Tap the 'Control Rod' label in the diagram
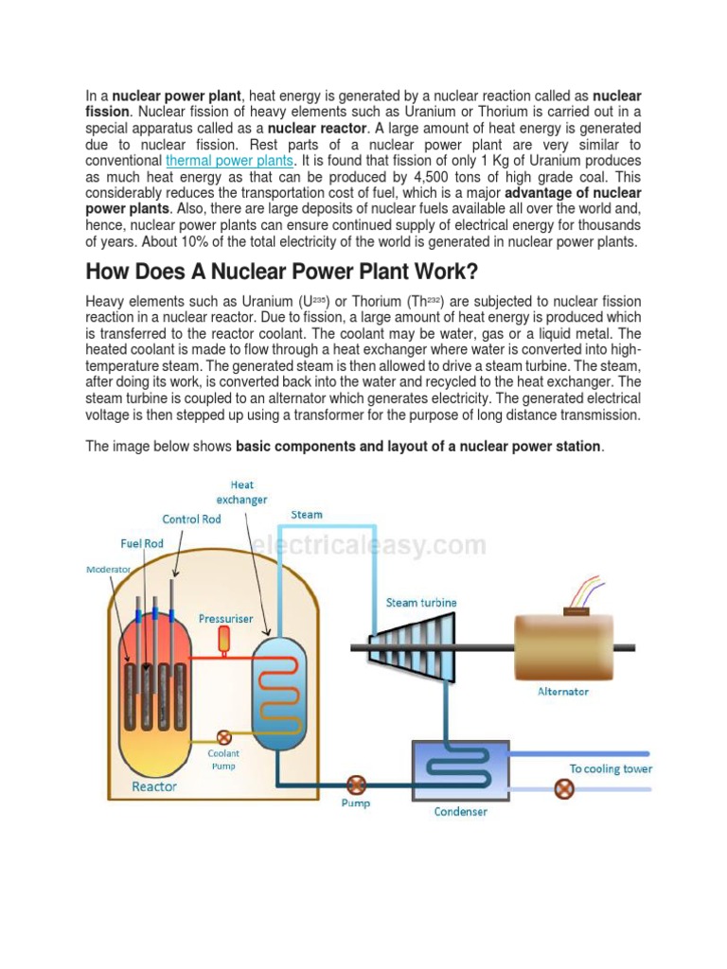(191, 519)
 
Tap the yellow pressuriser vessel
(224, 639)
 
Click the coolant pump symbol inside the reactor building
(224, 736)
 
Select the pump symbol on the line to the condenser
(356, 784)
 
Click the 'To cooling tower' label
(611, 768)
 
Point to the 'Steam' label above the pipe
(307, 515)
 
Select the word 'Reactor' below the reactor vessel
(153, 786)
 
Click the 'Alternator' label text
(563, 692)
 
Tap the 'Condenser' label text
(460, 811)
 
